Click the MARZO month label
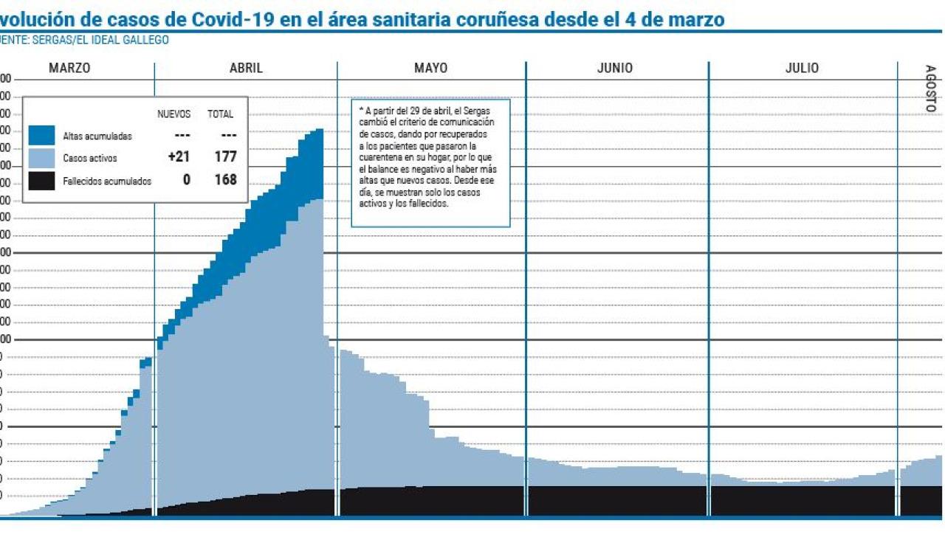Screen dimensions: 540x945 click(x=69, y=68)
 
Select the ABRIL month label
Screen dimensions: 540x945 click(x=246, y=68)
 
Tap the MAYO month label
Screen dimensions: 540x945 click(x=430, y=68)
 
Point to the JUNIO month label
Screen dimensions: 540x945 click(x=614, y=68)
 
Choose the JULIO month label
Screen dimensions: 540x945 click(x=802, y=68)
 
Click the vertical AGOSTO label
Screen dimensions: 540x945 click(x=930, y=89)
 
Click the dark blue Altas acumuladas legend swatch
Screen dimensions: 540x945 click(x=42, y=136)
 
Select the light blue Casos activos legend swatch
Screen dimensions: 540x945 click(x=42, y=158)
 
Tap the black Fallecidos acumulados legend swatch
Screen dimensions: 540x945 click(x=42, y=181)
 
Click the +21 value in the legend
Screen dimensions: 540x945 click(x=179, y=157)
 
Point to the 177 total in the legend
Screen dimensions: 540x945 click(x=225, y=157)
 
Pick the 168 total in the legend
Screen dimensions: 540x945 click(x=225, y=180)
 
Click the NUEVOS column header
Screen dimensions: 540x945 click(x=174, y=114)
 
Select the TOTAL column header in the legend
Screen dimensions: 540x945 click(x=220, y=114)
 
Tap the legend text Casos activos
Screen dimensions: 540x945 click(x=90, y=159)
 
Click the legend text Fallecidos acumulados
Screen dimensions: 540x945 click(x=107, y=181)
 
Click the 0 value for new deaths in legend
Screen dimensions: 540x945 click(x=186, y=180)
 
